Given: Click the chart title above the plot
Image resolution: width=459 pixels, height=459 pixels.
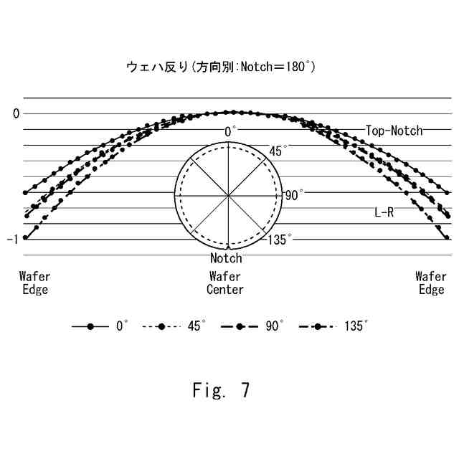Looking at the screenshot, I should click(220, 67).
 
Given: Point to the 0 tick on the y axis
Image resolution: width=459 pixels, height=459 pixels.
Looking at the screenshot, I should click(16, 113).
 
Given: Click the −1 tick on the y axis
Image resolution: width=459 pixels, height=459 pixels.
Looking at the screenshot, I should click(12, 239).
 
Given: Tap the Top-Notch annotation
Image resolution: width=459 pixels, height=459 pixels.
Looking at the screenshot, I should click(394, 131).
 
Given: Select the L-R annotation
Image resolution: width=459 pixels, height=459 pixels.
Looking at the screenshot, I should click(384, 212).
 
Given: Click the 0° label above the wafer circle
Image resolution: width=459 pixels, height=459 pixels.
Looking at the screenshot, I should click(230, 132).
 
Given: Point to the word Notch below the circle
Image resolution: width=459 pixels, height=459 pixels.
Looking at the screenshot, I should click(226, 258).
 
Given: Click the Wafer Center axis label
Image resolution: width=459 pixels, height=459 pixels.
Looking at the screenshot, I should click(225, 283).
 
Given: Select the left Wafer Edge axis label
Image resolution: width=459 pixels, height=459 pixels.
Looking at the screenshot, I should click(34, 283).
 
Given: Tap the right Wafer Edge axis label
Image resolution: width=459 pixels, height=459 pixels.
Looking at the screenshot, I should click(431, 283).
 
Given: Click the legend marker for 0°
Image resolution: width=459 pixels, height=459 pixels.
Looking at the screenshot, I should click(90, 326).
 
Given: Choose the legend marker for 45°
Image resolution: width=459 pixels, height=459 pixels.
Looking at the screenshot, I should click(161, 326).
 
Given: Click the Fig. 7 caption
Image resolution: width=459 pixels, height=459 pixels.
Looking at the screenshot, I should click(221, 390).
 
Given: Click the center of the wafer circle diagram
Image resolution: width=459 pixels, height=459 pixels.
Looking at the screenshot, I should click(228, 195).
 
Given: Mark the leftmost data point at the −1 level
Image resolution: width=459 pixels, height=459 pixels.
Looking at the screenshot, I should click(25, 237).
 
